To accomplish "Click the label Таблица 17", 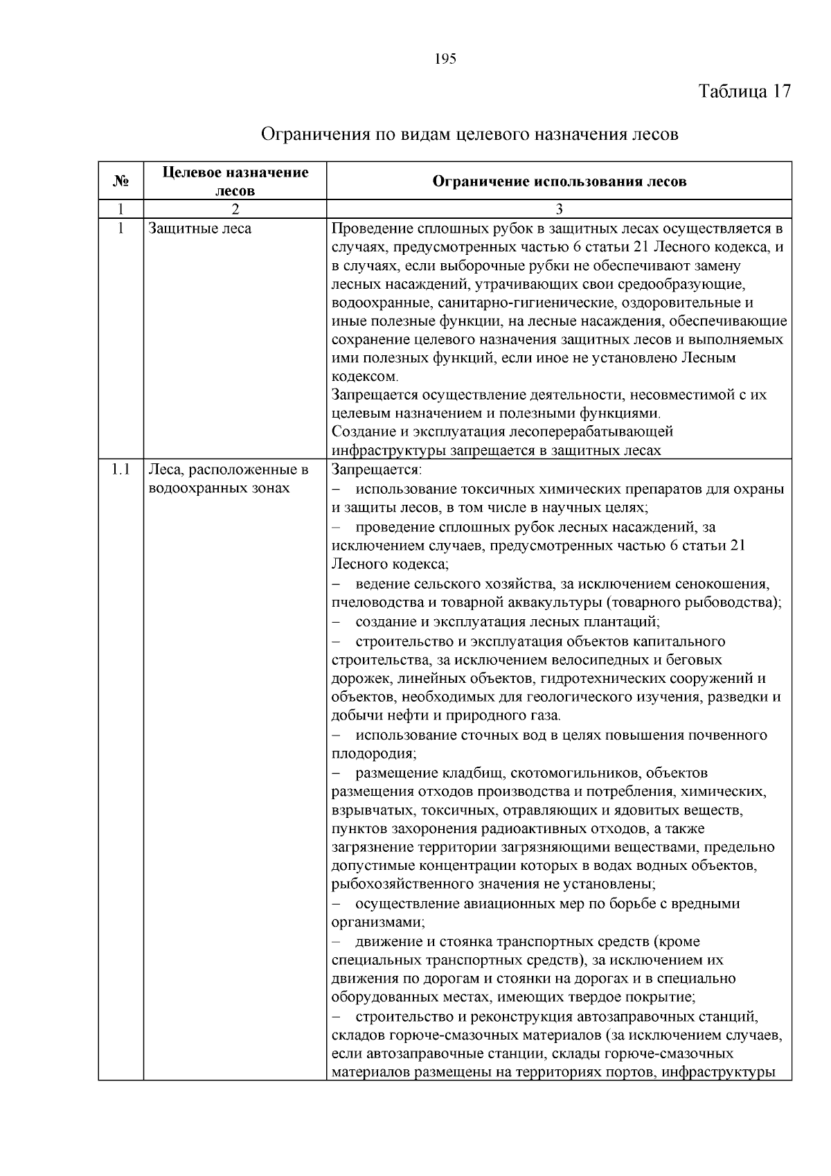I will (744, 92).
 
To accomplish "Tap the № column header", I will (120, 181).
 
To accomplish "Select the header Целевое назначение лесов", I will (235, 181).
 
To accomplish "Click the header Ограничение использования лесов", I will (559, 182).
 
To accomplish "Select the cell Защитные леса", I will (200, 229).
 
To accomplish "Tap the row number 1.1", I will (120, 470).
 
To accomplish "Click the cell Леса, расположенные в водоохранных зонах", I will (228, 479).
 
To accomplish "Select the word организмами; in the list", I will (378, 923).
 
